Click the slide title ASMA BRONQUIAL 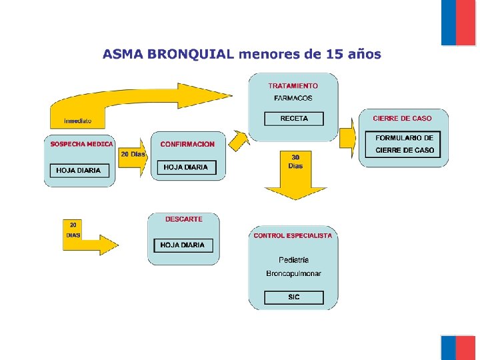241,54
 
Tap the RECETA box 294,119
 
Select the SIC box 294,297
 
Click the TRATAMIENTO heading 293,86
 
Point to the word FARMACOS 293,99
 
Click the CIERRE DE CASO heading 402,119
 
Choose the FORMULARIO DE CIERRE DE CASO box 404,144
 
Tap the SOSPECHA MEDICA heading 81,144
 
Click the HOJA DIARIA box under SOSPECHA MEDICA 79,171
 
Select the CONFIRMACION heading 187,144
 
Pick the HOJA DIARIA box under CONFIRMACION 186,167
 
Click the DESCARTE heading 184,219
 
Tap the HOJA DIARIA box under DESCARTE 183,245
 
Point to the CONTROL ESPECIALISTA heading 293,236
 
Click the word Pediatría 293,259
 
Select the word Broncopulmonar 293,273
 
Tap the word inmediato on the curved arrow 78,121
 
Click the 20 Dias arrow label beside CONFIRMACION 133,155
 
